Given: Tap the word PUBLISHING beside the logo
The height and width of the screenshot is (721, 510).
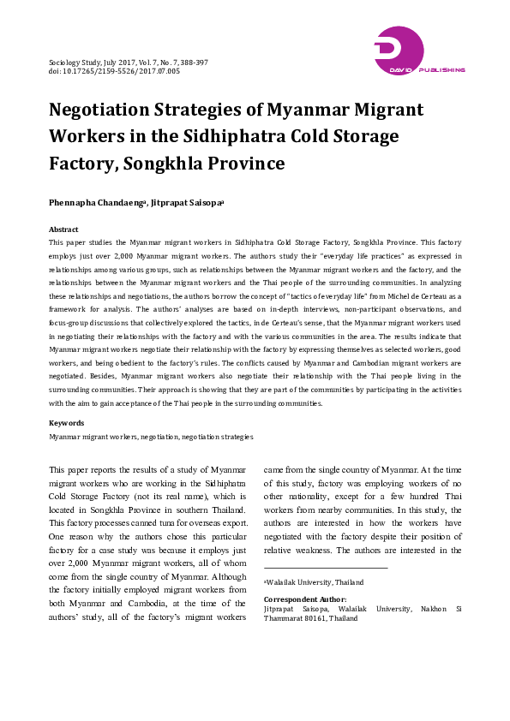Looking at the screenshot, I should click(x=442, y=69).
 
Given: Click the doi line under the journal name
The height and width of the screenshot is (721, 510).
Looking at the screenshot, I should click(x=114, y=72).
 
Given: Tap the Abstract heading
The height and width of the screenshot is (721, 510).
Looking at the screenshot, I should click(x=64, y=229).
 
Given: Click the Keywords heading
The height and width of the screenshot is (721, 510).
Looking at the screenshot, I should click(x=67, y=423).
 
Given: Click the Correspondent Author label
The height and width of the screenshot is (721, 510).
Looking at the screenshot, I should click(x=305, y=599).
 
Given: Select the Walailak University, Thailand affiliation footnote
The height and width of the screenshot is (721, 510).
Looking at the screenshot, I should click(x=314, y=582).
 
